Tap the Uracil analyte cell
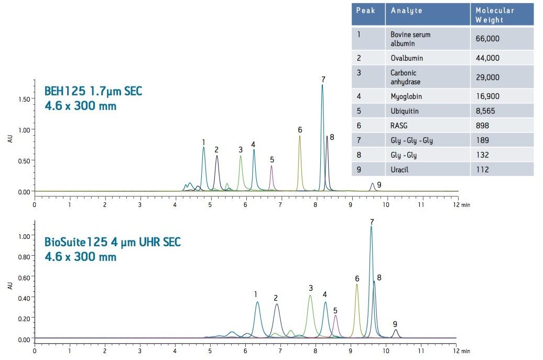coord(399,169)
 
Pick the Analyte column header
coord(407,10)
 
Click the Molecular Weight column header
coord(494,15)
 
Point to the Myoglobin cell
coord(406,96)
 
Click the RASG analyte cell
coord(399,126)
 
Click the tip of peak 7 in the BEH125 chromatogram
coord(322,85)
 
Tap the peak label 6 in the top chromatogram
coord(300,130)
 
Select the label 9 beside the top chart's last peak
coord(379,184)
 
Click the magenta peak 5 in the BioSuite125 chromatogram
coord(335,317)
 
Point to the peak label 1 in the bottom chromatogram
coord(255,294)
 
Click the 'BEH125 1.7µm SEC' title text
coord(93,92)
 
